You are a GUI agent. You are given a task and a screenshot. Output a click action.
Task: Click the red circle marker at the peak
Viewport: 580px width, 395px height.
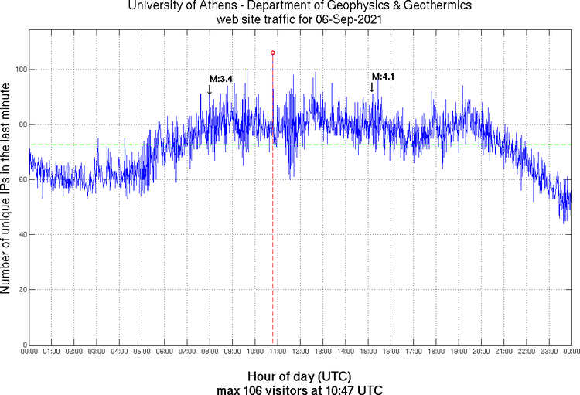pos(272,53)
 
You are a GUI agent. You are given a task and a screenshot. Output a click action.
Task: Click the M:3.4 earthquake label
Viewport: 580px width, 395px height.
pos(221,79)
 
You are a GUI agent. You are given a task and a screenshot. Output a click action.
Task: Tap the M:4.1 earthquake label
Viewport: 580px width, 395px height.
pos(384,77)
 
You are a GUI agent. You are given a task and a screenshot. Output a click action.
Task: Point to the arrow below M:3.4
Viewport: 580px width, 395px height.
pos(209,90)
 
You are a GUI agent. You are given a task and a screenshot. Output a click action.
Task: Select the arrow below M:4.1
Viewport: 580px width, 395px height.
pos(372,87)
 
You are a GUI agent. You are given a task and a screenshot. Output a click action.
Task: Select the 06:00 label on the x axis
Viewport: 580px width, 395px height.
pos(165,352)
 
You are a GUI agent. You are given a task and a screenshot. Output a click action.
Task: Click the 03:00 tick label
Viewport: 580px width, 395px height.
pos(97,352)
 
